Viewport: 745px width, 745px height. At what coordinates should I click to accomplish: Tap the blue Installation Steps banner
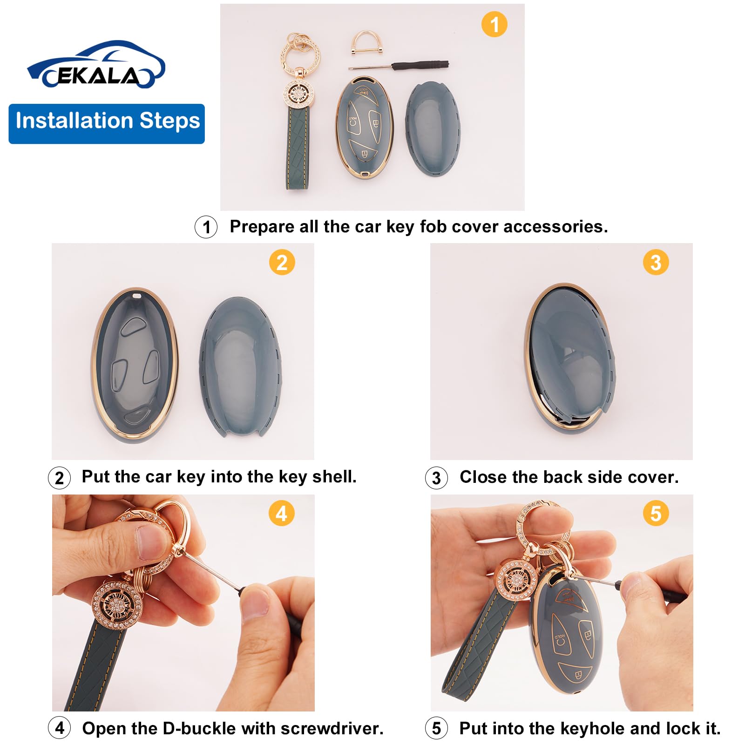click(107, 123)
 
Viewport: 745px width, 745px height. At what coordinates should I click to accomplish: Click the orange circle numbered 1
click(494, 24)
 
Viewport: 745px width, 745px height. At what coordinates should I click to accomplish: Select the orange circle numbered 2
click(282, 262)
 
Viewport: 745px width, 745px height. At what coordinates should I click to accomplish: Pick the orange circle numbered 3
click(656, 262)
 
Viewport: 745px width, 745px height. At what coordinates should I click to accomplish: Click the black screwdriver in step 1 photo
click(399, 66)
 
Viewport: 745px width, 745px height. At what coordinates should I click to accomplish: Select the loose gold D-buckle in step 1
click(365, 44)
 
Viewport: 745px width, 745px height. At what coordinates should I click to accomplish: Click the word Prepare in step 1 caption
click(262, 227)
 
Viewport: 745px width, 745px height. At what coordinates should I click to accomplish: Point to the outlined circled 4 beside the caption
click(60, 728)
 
